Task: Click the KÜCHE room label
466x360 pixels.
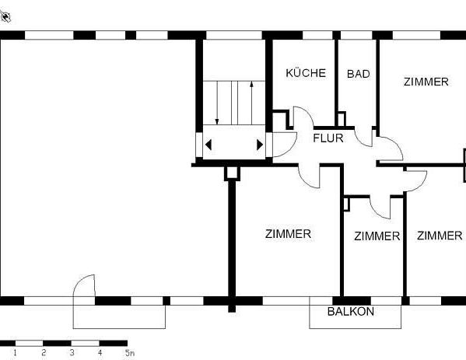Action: coord(306,73)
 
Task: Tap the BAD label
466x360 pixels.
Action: coord(358,74)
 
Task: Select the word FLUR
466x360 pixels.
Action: coord(328,139)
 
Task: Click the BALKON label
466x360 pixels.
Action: coord(350,312)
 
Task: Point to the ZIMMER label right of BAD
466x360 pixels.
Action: coord(426,82)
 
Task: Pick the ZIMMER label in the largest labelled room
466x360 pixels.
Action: coord(288,233)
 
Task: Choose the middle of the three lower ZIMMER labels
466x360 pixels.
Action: coord(377,236)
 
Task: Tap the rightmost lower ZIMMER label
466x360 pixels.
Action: coord(439,236)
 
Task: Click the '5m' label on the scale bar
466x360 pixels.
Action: coord(129,353)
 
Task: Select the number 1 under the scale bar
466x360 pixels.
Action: coord(16,353)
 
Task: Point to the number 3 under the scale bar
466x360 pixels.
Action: coord(72,353)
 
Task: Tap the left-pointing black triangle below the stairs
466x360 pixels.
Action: coord(208,145)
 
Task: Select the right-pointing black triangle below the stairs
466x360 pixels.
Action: coord(259,145)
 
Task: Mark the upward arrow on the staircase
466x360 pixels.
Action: coord(251,98)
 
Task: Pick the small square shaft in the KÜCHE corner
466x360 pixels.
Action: coord(280,118)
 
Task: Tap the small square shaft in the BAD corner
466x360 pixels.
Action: coord(341,118)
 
